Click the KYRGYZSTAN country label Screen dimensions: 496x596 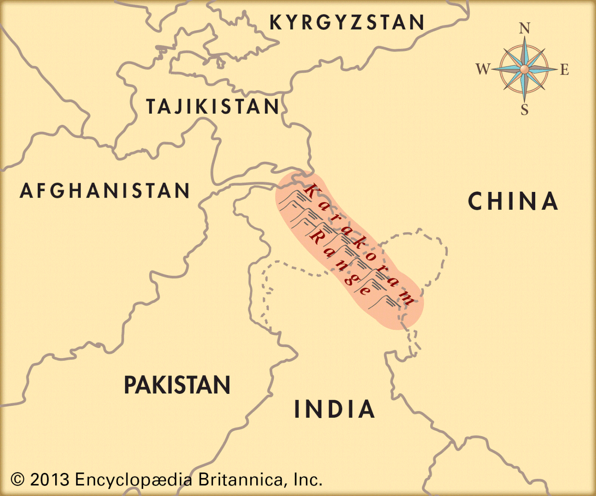click(x=347, y=22)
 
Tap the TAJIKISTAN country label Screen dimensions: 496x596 click(x=213, y=107)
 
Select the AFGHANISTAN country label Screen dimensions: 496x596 click(x=105, y=191)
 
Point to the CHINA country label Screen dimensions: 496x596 click(x=513, y=201)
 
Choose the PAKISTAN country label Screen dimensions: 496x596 click(x=177, y=385)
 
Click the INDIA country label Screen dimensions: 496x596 click(x=335, y=409)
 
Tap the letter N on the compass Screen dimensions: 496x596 click(x=524, y=29)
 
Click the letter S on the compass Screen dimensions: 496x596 click(x=524, y=110)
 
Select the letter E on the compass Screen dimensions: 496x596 click(x=565, y=70)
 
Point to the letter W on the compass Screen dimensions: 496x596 click(x=483, y=69)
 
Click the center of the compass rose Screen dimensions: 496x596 click(x=524, y=70)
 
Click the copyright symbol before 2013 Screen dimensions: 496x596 click(x=17, y=479)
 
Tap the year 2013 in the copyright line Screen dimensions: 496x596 click(x=50, y=479)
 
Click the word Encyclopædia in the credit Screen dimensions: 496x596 click(x=134, y=479)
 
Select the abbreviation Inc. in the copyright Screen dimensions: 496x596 click(x=308, y=479)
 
